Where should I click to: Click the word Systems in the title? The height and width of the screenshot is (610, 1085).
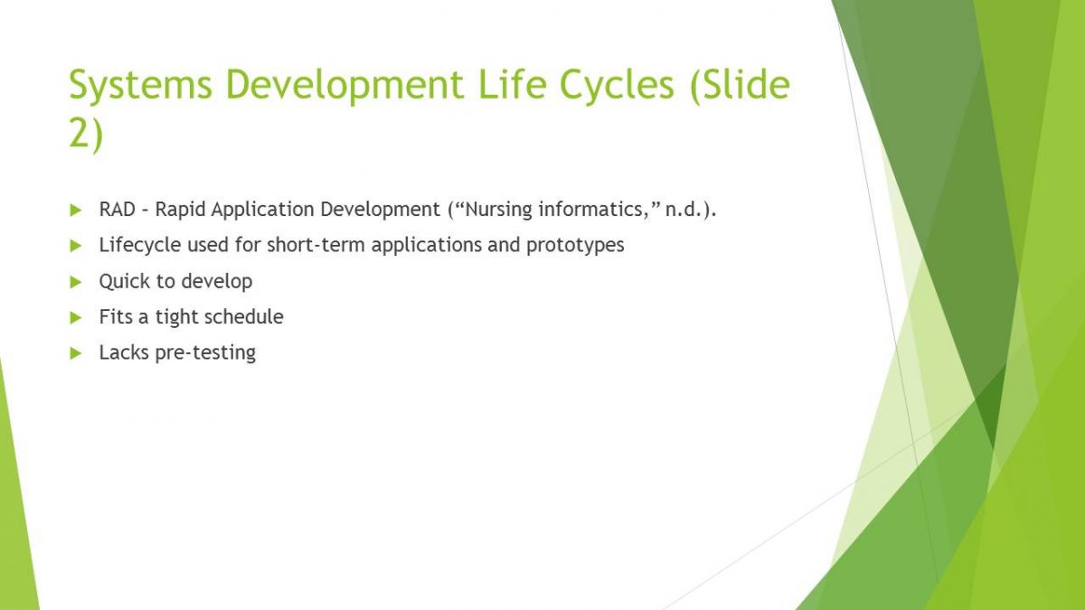(140, 85)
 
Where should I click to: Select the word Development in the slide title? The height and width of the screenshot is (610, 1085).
(344, 85)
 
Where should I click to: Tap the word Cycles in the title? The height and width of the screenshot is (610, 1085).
(617, 85)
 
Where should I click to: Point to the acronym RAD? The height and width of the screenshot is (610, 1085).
(118, 210)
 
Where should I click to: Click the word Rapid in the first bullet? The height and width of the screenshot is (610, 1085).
(180, 210)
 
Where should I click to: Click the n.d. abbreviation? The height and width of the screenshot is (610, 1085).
(684, 210)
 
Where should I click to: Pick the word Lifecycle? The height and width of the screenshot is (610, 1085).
(140, 246)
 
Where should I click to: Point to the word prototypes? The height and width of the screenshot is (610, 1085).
(575, 246)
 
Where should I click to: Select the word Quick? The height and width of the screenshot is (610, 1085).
(124, 281)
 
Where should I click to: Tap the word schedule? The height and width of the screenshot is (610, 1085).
(243, 316)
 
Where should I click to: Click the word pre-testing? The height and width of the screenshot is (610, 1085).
(205, 353)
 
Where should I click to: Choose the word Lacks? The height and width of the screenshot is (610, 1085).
(124, 352)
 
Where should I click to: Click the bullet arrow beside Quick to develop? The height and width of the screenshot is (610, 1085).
(76, 282)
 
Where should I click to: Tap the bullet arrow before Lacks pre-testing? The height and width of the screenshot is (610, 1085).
(76, 353)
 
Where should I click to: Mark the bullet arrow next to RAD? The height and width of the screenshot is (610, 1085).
(76, 210)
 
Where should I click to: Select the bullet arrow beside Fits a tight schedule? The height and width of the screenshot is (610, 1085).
(76, 317)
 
